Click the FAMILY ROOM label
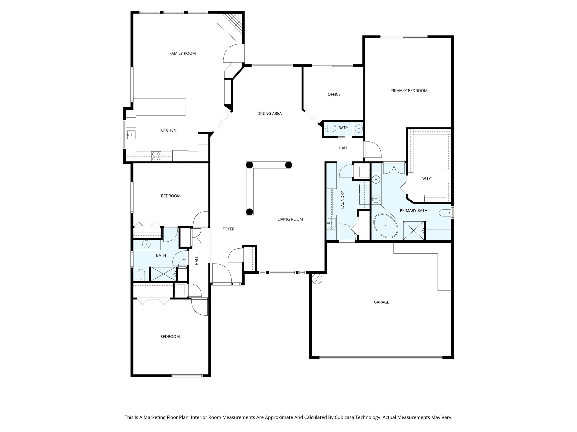[x=182, y=53]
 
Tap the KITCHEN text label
[x=168, y=130]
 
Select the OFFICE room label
[x=334, y=94]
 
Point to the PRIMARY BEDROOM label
[x=409, y=91]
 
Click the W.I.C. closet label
[x=427, y=179]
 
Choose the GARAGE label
[x=381, y=302]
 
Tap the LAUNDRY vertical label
[x=343, y=200]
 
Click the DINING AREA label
[x=269, y=114]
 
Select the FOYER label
[x=228, y=229]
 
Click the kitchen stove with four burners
[x=156, y=156]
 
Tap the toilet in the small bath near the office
[x=330, y=128]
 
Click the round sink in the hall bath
[x=147, y=244]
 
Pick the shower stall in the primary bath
[x=414, y=231]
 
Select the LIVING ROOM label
[x=290, y=219]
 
